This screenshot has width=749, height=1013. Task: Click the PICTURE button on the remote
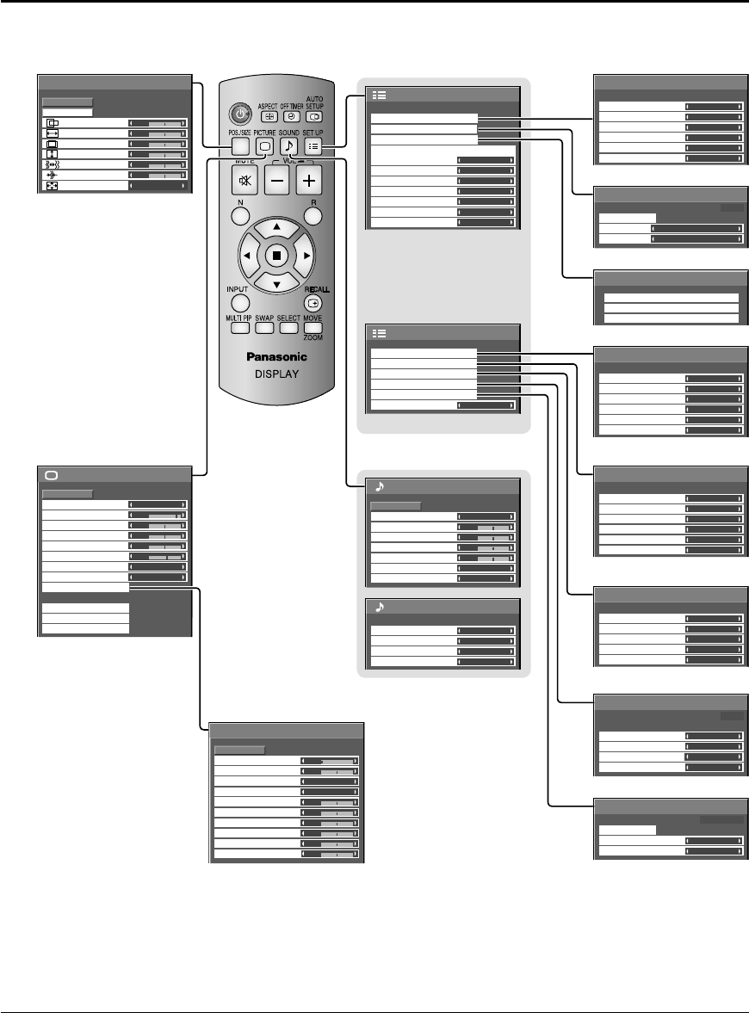pos(266,147)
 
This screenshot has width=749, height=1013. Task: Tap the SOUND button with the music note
pos(290,147)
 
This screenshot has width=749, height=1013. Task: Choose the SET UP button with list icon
pos(314,147)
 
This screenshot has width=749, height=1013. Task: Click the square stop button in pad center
pos(275,255)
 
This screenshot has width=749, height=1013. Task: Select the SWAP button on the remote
pos(263,327)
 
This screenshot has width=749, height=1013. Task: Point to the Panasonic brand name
pos(275,357)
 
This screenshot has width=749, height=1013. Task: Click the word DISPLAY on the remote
pos(275,375)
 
